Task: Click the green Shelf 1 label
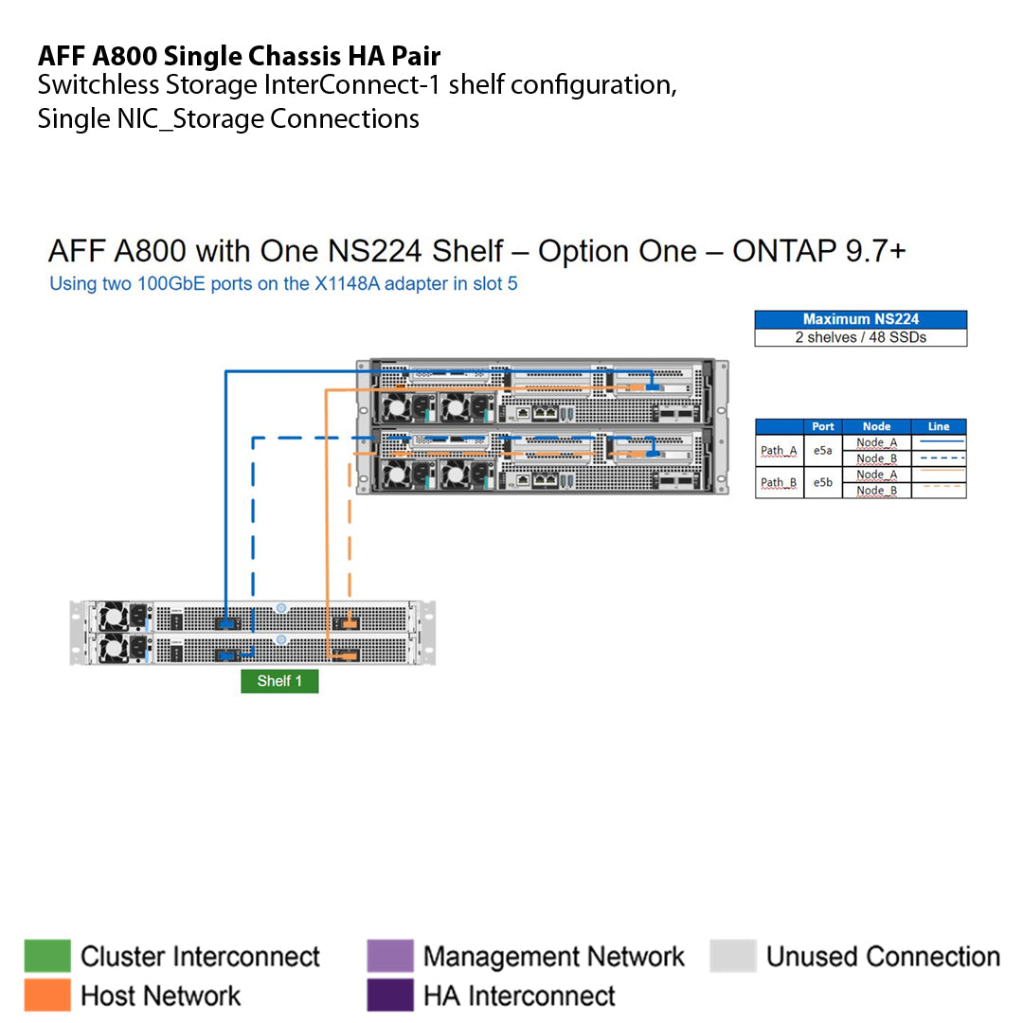tap(279, 681)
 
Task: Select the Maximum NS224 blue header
tap(860, 319)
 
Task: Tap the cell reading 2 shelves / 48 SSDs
tap(860, 337)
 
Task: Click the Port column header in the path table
tap(823, 426)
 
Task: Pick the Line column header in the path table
tap(938, 426)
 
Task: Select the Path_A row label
tap(779, 451)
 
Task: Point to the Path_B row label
tap(779, 482)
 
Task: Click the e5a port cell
tap(823, 451)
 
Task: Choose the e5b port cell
tap(823, 482)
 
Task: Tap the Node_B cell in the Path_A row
tap(876, 458)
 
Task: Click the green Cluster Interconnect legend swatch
tap(47, 956)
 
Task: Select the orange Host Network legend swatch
tap(47, 995)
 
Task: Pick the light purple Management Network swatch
tap(389, 956)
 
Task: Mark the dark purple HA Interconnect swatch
tap(389, 995)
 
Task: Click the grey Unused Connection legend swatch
tap(732, 956)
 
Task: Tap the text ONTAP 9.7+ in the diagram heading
tap(819, 251)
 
